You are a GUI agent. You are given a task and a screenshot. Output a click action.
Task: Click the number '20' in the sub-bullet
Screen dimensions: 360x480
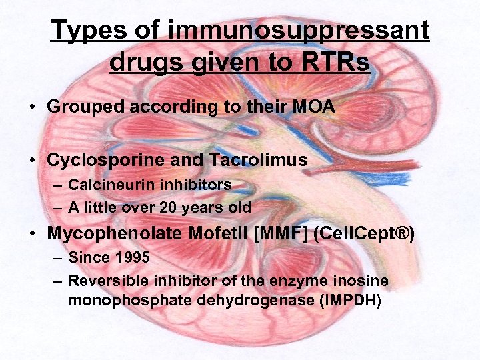click(168, 207)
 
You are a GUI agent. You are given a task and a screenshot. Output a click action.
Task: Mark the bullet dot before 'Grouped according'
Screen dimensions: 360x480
click(32, 107)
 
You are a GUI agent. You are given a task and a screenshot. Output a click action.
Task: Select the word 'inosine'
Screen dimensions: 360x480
click(363, 281)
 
